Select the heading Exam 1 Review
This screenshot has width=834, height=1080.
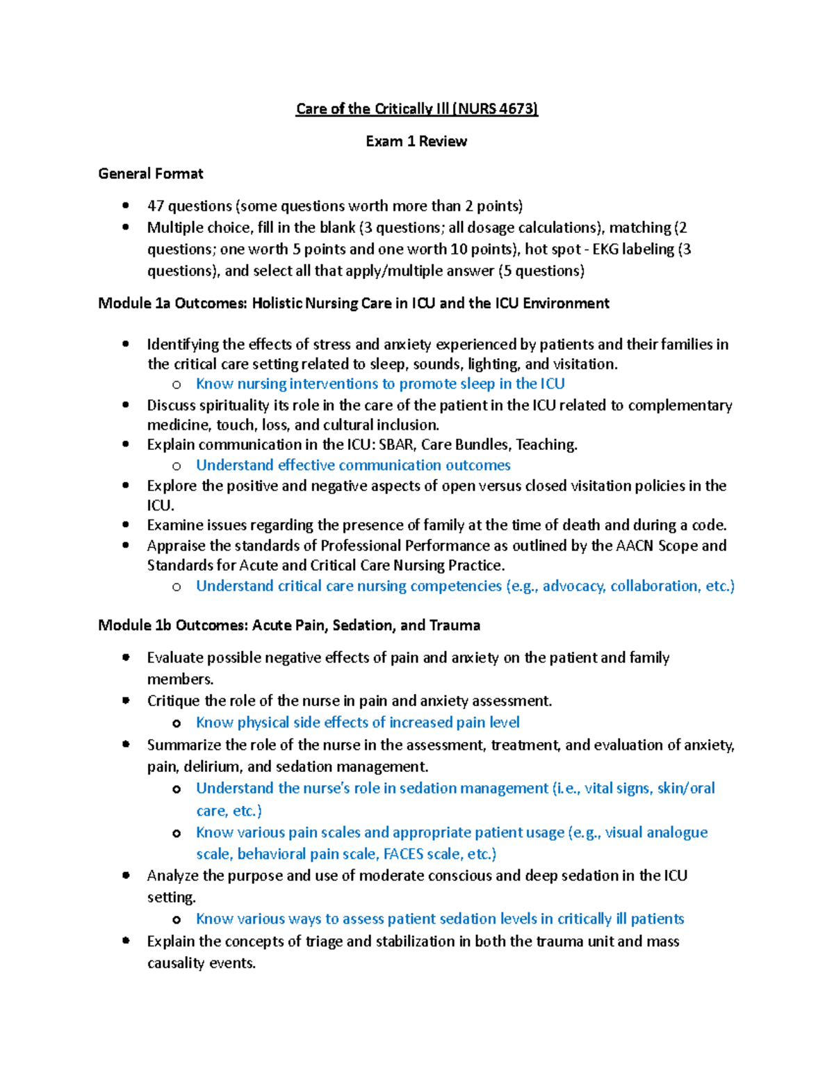coord(416,141)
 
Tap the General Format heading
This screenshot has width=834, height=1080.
coord(151,173)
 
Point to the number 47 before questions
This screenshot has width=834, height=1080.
coord(155,206)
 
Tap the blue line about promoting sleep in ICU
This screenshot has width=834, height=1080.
coord(380,384)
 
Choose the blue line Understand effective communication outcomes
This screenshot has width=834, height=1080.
coord(353,465)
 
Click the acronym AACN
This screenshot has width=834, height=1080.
coord(635,545)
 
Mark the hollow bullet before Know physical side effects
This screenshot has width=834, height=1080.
coord(177,723)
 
